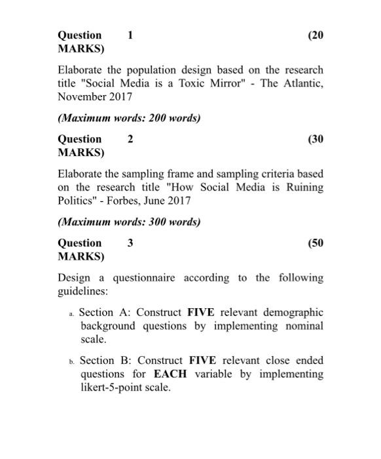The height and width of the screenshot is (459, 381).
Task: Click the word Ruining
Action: click(304, 187)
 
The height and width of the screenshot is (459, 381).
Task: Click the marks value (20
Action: click(315, 35)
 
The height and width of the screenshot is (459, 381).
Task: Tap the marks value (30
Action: click(315, 139)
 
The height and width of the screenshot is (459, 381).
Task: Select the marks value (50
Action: click(315, 243)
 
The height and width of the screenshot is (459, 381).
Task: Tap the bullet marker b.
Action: click(71, 362)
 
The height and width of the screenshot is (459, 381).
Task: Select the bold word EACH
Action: click(170, 374)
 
